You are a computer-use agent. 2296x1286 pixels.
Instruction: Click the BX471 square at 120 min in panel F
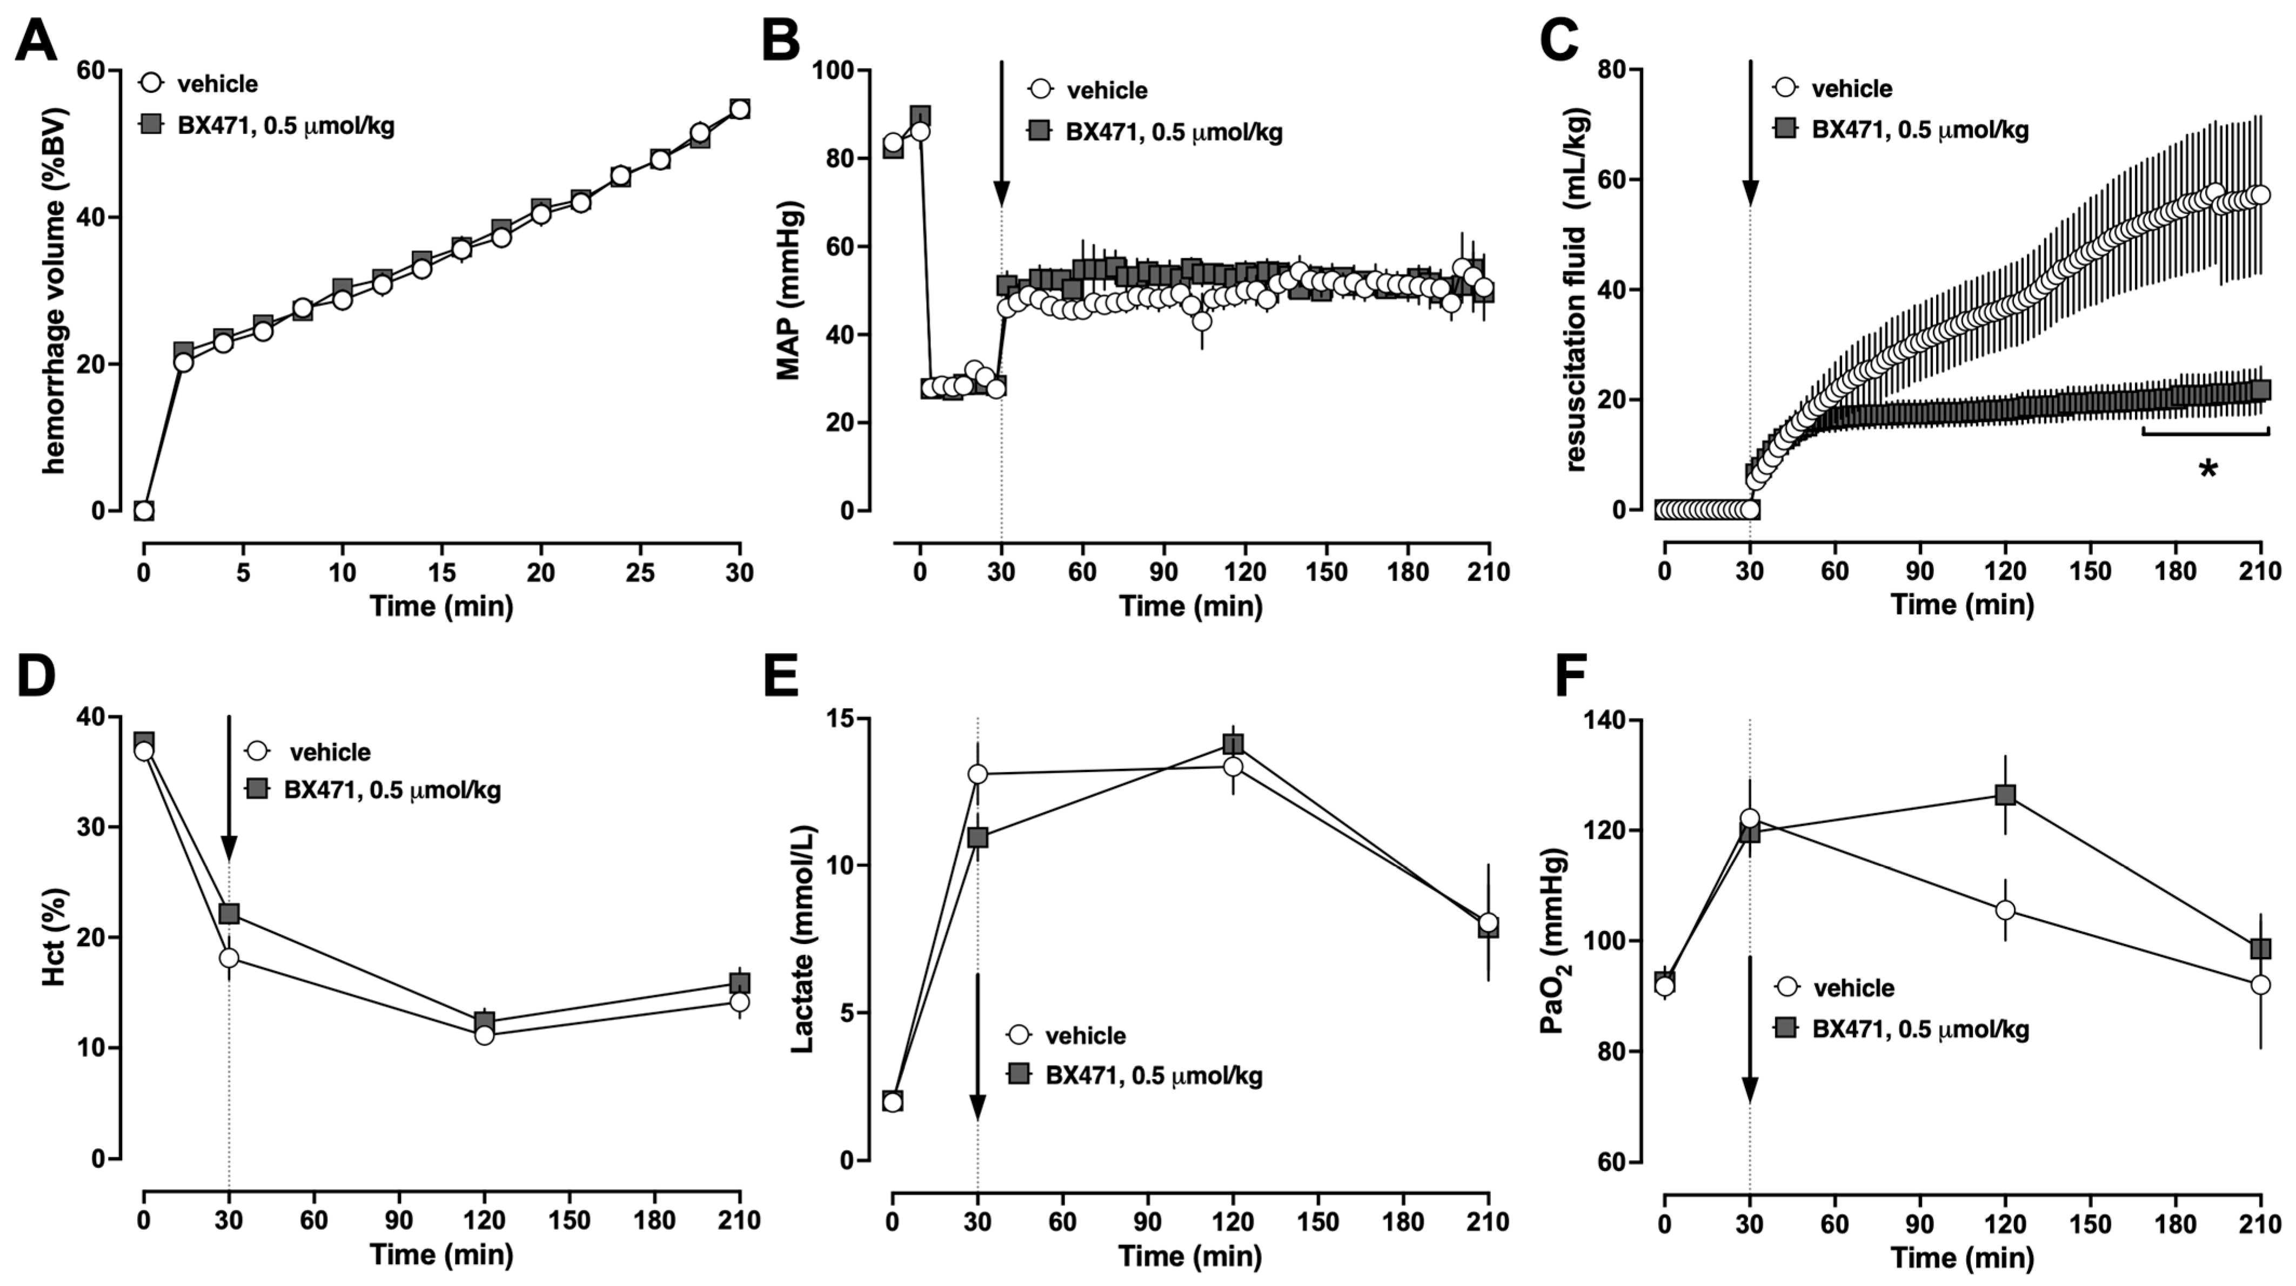coord(2005,795)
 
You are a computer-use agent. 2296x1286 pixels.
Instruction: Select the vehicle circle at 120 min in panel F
coord(2005,910)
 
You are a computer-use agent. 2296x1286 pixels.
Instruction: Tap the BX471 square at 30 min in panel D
coord(229,914)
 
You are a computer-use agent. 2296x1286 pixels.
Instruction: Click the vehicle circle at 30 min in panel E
coord(978,774)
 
